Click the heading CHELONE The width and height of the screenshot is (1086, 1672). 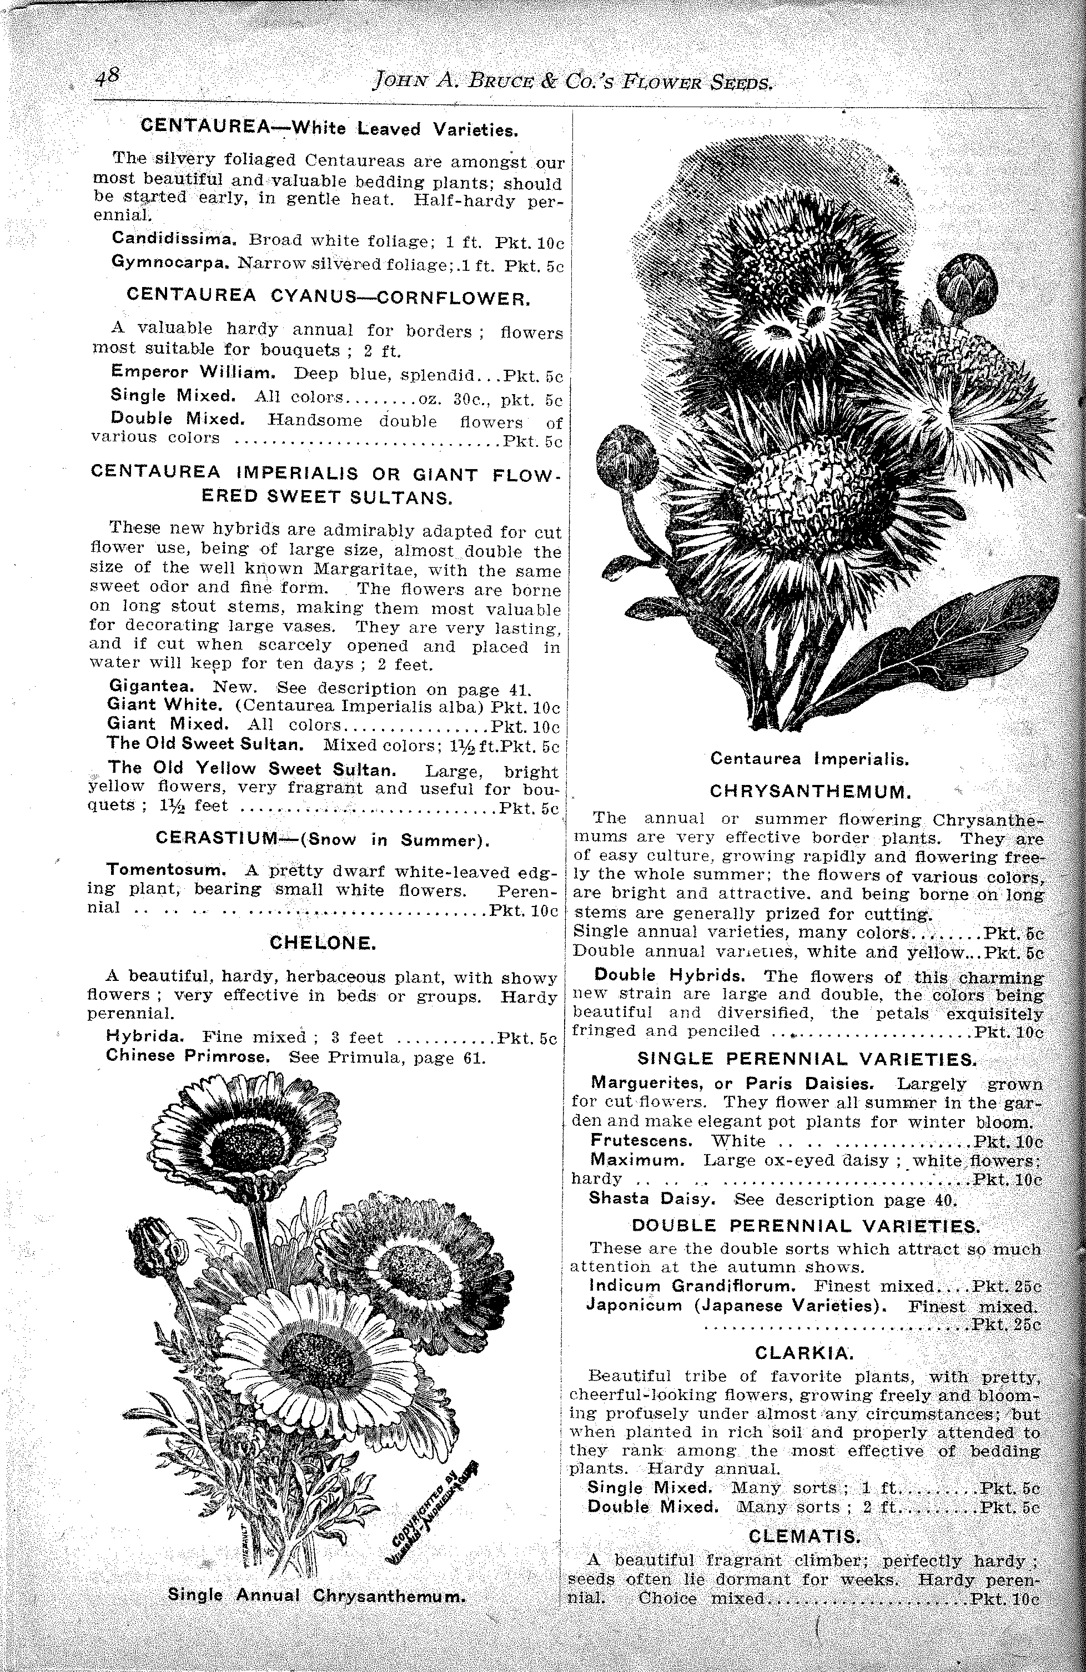[x=323, y=942]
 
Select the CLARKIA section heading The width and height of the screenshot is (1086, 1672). [x=803, y=1352]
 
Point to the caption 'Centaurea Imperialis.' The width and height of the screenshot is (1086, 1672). [x=810, y=759]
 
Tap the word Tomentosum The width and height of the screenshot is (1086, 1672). [x=166, y=870]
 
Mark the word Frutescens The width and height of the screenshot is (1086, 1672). [x=641, y=1140]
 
